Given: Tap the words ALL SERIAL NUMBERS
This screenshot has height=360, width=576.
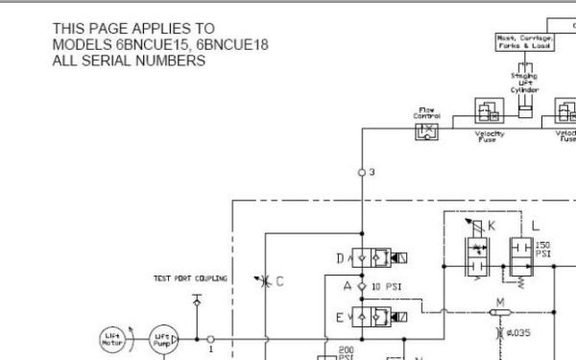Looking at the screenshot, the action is [x=129, y=60].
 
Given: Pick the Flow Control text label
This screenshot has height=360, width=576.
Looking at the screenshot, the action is [x=427, y=113].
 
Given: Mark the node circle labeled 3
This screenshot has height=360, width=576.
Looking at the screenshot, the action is [x=361, y=173].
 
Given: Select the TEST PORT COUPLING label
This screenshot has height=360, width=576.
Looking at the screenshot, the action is [x=191, y=278].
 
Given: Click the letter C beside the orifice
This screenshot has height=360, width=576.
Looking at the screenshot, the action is [x=279, y=281].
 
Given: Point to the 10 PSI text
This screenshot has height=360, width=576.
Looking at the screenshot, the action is [x=386, y=287].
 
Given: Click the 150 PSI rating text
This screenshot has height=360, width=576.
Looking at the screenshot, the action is [x=542, y=250].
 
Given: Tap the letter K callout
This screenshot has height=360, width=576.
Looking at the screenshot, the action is [x=492, y=226].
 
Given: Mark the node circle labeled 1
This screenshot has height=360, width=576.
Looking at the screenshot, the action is [x=209, y=339].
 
